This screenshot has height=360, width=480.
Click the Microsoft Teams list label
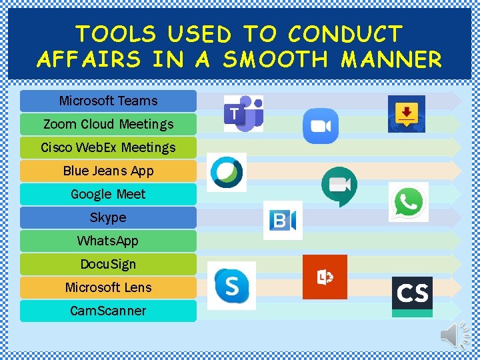click(x=108, y=101)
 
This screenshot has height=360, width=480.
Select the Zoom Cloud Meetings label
click(x=108, y=124)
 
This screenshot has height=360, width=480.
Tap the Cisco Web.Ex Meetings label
click(x=108, y=147)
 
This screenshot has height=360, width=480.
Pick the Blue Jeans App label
click(x=108, y=171)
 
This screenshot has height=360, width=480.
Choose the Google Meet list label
click(x=108, y=194)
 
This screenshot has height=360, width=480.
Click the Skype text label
click(x=108, y=217)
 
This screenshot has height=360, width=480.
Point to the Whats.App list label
click(x=108, y=241)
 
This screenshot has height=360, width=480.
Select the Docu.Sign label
click(x=108, y=264)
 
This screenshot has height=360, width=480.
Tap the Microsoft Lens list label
click(x=108, y=287)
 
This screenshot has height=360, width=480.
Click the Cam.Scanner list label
click(x=108, y=311)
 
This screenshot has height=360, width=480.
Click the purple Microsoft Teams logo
click(x=243, y=113)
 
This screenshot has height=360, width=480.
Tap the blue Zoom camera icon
click(x=321, y=126)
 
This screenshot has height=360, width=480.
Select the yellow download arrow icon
click(x=407, y=113)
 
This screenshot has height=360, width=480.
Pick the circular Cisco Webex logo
click(x=227, y=172)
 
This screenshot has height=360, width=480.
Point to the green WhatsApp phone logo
click(x=408, y=201)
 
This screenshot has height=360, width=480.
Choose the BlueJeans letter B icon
click(x=283, y=220)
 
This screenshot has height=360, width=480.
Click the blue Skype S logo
click(x=231, y=285)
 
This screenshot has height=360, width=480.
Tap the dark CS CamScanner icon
click(x=412, y=294)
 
